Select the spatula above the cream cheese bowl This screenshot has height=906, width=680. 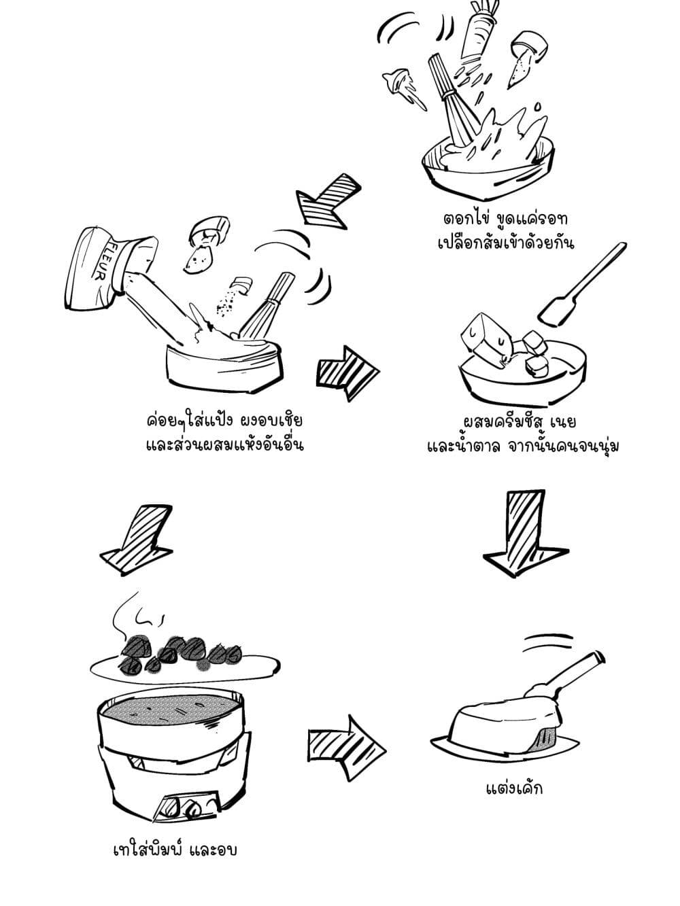pos(582,285)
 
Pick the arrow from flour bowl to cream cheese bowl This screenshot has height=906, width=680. pos(347,373)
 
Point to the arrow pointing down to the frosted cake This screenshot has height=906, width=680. pos(526,533)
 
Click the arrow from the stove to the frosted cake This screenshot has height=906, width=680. pos(347,748)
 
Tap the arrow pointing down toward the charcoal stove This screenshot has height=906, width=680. pos(136,539)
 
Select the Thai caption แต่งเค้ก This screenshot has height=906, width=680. pos(514,788)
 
